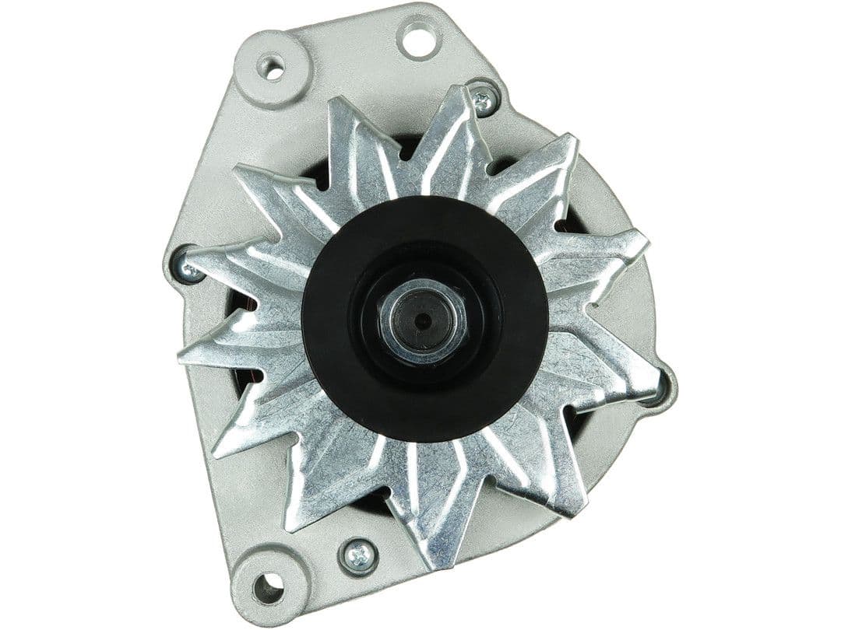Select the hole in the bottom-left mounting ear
tap(267, 587)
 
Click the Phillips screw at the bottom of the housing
tap(359, 555)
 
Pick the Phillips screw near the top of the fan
tap(484, 100)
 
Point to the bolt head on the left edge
tap(185, 266)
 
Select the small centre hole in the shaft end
tap(423, 320)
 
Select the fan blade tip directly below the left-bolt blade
tap(187, 354)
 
